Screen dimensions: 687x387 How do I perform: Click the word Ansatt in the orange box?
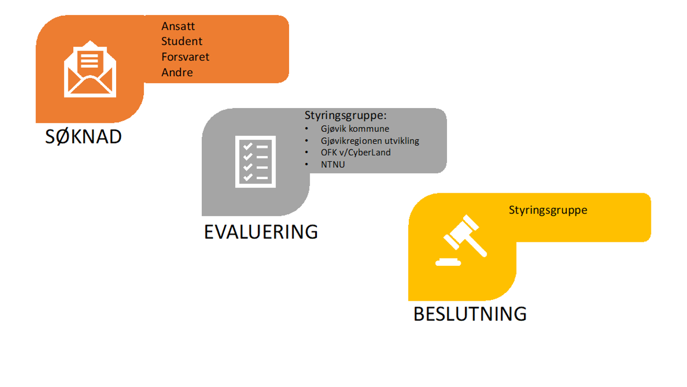(x=178, y=26)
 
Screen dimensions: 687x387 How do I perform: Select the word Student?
(x=181, y=41)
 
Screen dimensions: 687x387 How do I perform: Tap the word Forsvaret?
(x=185, y=57)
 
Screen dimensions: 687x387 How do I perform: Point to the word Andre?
(x=177, y=72)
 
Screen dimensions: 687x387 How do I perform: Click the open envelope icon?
(x=90, y=69)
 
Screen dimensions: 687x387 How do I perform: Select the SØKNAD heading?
(x=84, y=136)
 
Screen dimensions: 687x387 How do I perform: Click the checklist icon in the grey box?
(x=256, y=161)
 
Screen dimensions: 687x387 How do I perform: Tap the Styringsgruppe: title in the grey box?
(x=346, y=115)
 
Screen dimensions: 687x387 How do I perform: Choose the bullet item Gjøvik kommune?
(x=355, y=128)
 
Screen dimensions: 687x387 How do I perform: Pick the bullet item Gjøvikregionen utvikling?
(x=370, y=140)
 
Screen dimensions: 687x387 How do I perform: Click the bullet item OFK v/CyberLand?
(x=356, y=153)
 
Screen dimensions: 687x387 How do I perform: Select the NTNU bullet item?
(x=333, y=165)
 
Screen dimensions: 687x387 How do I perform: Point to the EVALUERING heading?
(x=261, y=232)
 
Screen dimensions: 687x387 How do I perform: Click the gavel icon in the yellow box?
(x=461, y=240)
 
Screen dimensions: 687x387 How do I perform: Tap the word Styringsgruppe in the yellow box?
(x=548, y=210)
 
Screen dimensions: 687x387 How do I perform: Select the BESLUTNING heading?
(x=470, y=314)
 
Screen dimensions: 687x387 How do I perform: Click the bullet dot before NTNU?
(x=306, y=165)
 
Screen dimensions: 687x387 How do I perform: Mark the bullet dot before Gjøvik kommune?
(x=306, y=128)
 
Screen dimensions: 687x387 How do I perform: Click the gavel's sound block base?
(x=448, y=262)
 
